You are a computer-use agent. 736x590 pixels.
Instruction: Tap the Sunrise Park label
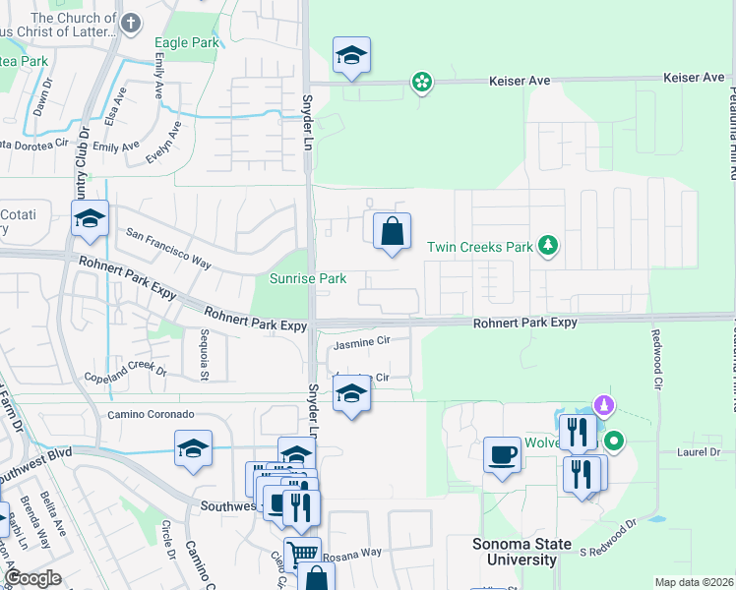[308, 279]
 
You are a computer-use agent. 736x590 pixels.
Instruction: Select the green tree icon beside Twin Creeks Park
[549, 246]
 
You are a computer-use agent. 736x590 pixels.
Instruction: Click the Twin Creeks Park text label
[479, 248]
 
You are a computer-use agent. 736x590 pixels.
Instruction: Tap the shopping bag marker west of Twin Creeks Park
[392, 232]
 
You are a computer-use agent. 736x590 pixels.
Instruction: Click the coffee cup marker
[502, 454]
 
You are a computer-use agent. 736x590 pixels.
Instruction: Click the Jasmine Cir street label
[362, 342]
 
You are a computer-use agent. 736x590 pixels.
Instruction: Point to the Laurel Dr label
[700, 452]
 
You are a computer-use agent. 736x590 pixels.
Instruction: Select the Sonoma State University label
[502, 552]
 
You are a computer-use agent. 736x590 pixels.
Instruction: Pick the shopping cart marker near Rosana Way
[302, 555]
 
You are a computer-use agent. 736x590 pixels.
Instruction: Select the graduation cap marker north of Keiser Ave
[351, 57]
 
